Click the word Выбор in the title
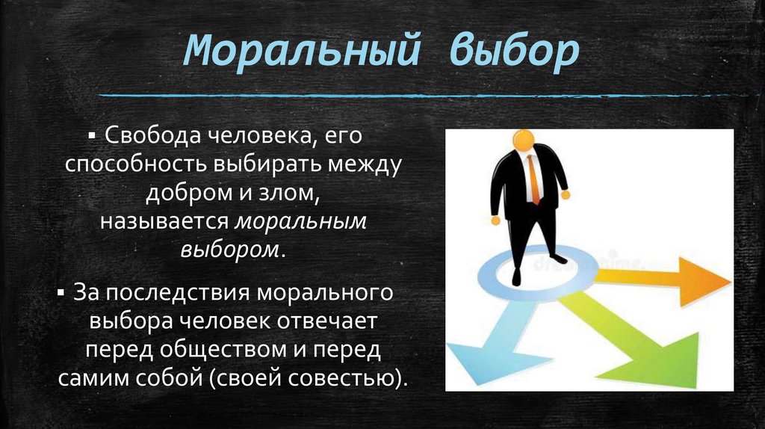tap(514, 51)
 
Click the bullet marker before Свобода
tap(91, 138)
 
